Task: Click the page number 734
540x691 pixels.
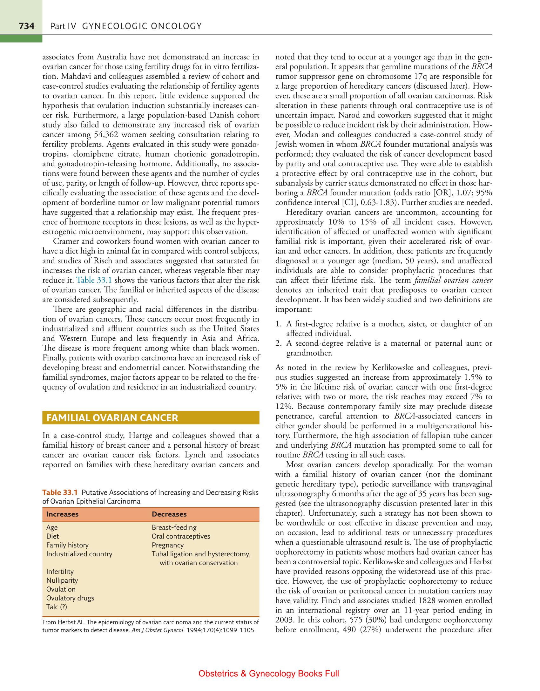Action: pyautogui.click(x=26, y=26)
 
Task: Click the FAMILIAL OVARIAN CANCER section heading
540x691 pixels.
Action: pyautogui.click(x=112, y=418)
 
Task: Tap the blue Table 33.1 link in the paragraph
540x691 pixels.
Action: pyautogui.click(x=95, y=281)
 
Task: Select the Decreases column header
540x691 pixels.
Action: pyautogui.click(x=169, y=514)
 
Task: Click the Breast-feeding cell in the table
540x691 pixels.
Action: pyautogui.click(x=174, y=528)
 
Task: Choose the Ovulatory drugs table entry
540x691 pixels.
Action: pyautogui.click(x=70, y=598)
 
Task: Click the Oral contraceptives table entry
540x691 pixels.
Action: pyautogui.click(x=181, y=537)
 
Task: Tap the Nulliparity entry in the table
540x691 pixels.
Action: pyautogui.click(x=62, y=580)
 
